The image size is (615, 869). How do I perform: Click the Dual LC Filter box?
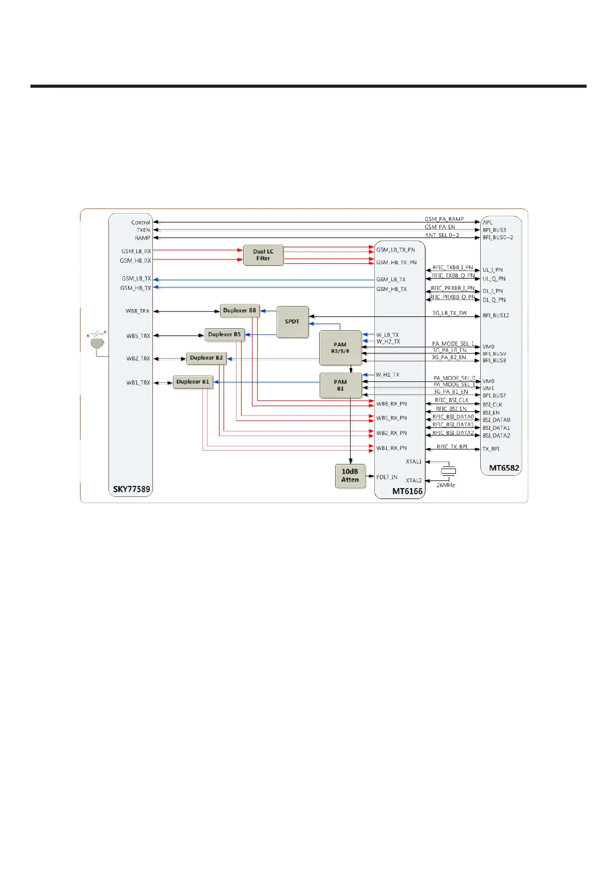pyautogui.click(x=263, y=255)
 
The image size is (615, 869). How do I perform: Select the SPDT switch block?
pyautogui.click(x=292, y=321)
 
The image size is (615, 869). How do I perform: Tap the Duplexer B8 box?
pyautogui.click(x=240, y=311)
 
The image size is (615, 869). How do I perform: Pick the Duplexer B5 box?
pyautogui.click(x=225, y=334)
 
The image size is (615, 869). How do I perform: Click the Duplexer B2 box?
pyautogui.click(x=207, y=358)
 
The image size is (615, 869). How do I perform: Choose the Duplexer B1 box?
pyautogui.click(x=193, y=382)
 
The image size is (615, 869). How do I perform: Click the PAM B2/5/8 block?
pyautogui.click(x=340, y=348)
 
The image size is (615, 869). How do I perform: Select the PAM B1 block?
pyautogui.click(x=340, y=385)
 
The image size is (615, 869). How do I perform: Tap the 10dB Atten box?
pyautogui.click(x=350, y=475)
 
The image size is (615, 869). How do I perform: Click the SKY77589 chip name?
pyautogui.click(x=131, y=489)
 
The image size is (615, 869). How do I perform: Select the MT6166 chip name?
pyautogui.click(x=407, y=491)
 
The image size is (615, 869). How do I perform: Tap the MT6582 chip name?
pyautogui.click(x=504, y=468)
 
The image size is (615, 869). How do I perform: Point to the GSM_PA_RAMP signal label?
pyautogui.click(x=444, y=219)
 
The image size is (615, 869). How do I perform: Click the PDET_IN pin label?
pyautogui.click(x=387, y=477)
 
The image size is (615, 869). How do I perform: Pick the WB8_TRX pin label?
pyautogui.click(x=137, y=311)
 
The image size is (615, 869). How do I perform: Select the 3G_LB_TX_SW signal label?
pyautogui.click(x=449, y=313)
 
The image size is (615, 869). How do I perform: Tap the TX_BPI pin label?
pyautogui.click(x=491, y=449)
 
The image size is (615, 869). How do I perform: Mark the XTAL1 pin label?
pyautogui.click(x=414, y=462)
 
